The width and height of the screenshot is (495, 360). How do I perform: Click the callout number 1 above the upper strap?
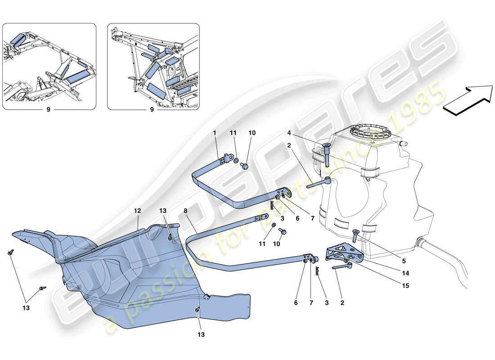(x=215, y=133)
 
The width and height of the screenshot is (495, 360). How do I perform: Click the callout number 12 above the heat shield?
(x=137, y=210)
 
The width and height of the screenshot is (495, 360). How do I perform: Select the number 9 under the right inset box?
(x=152, y=109)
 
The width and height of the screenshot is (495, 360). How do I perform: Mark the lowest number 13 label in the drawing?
(x=201, y=334)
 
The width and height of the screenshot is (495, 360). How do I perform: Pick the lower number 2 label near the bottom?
(x=342, y=303)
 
